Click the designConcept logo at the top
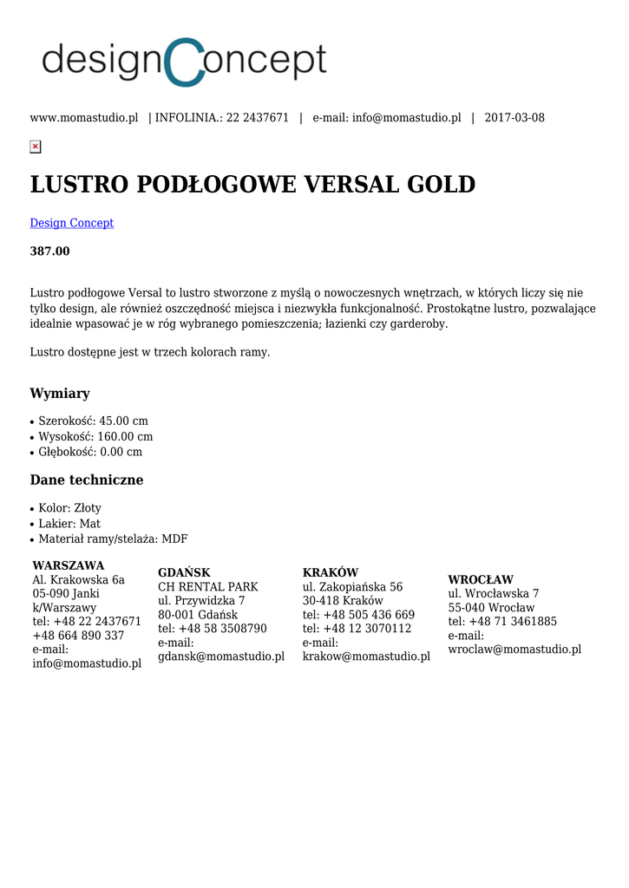[x=184, y=62]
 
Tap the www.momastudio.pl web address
[x=84, y=118]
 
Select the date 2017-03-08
[x=514, y=118]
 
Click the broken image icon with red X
[x=36, y=147]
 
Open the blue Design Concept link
[x=72, y=223]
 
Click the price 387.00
[x=50, y=251]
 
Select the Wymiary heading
[x=60, y=393]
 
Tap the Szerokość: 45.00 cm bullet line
[x=93, y=421]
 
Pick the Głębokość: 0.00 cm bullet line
[x=90, y=452]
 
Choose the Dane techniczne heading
[x=87, y=480]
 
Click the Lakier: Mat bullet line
[x=69, y=523]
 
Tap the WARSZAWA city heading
[x=69, y=565]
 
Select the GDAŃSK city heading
[x=184, y=572]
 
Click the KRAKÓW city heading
[x=331, y=572]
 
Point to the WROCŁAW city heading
[x=481, y=579]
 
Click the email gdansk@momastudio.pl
[x=221, y=656]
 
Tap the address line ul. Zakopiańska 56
[x=352, y=587]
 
